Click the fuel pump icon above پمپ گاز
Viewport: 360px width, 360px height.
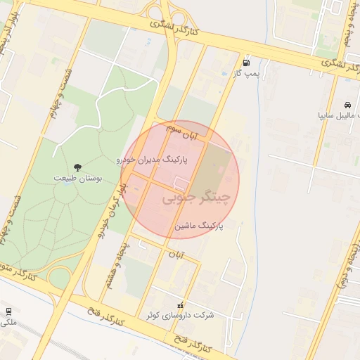(245, 62)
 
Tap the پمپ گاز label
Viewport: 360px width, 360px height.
(247, 73)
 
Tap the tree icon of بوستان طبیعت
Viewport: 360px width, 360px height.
(77, 167)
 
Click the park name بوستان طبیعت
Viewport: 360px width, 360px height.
(78, 179)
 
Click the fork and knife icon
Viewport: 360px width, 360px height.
(181, 306)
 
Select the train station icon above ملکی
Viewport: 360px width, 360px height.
(8, 311)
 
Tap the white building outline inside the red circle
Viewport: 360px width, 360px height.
(181, 184)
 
